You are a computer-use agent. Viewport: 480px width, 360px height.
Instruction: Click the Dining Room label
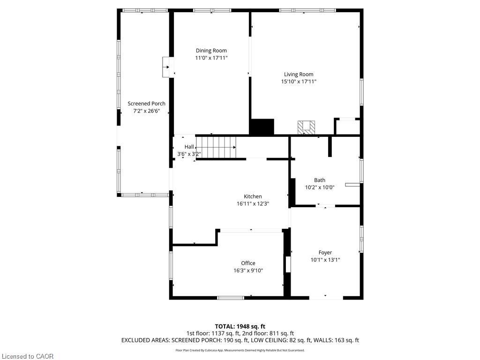[211, 51]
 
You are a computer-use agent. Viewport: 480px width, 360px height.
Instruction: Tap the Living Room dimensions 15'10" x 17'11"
[299, 82]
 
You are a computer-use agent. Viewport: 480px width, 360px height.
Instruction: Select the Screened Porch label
[146, 104]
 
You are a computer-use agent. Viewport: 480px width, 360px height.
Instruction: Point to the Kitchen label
[253, 196]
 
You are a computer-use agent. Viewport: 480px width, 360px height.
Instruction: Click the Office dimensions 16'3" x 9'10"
[248, 270]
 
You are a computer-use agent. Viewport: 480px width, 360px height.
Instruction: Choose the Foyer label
[325, 253]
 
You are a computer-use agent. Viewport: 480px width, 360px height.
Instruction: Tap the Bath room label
[320, 180]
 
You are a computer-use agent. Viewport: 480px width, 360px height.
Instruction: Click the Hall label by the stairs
[189, 147]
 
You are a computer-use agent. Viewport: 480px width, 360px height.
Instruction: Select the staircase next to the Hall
[216, 147]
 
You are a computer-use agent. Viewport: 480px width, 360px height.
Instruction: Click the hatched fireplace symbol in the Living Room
[307, 127]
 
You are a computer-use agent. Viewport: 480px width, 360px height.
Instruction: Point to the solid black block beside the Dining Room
[262, 127]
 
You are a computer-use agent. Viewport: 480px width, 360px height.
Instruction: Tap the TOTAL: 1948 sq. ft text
[240, 326]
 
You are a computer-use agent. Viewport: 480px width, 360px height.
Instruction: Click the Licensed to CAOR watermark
[28, 356]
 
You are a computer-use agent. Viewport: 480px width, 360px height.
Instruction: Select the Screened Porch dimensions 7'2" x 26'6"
[146, 111]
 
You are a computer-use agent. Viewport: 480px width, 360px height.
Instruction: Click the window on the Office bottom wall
[231, 298]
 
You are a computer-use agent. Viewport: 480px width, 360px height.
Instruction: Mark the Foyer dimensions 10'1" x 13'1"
[325, 260]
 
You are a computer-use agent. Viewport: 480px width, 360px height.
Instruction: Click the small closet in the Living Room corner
[347, 127]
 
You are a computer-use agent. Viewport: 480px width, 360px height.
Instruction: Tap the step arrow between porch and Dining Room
[166, 67]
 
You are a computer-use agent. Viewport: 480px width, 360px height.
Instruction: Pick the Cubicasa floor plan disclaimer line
[240, 350]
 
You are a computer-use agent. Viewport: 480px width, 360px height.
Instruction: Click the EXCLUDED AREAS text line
[240, 340]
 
